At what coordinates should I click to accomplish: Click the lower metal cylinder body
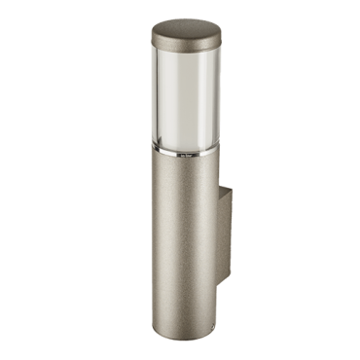(181, 234)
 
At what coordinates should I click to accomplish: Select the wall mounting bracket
(222, 234)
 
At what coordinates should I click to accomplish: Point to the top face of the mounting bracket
(220, 191)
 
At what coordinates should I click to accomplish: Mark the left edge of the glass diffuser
(153, 97)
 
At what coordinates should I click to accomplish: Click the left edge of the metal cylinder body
(152, 234)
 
